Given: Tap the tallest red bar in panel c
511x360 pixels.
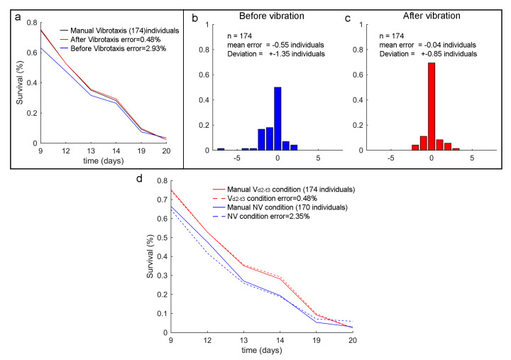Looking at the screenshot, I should [x=432, y=107].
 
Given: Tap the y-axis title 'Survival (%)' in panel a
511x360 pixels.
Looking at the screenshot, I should [x=21, y=84].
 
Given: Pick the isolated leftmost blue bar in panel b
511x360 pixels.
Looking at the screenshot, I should [x=221, y=149].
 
